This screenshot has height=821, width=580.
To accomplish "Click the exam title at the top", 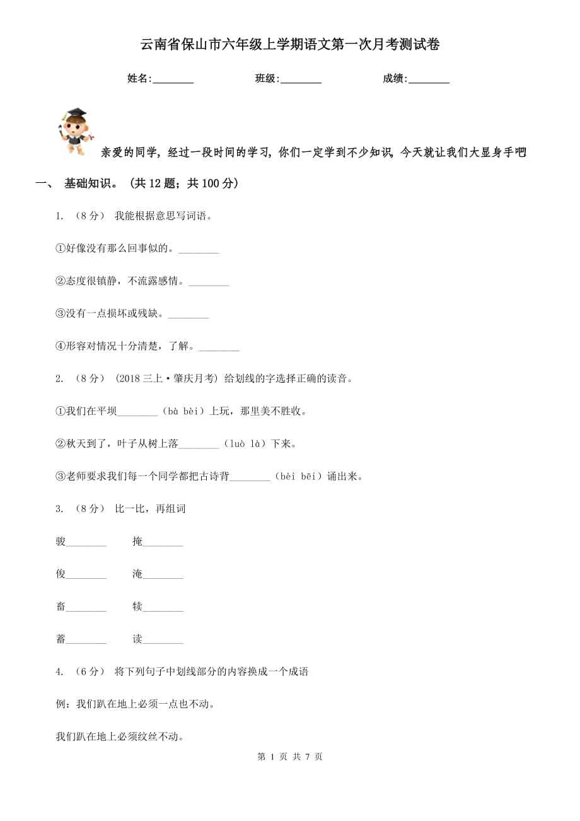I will [x=289, y=45].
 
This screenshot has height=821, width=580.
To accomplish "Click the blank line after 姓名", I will [x=173, y=80].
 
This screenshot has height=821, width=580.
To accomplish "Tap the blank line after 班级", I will [x=301, y=80].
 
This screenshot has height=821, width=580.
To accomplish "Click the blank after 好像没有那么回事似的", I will [x=199, y=250].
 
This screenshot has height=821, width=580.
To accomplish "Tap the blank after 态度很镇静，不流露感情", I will [x=209, y=282].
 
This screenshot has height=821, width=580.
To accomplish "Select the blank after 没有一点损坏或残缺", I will [x=188, y=315].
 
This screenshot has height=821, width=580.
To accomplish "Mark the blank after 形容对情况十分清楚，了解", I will [x=219, y=347].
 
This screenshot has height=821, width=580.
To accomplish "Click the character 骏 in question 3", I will [x=61, y=541].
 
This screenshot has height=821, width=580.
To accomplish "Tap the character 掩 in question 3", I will [x=137, y=541].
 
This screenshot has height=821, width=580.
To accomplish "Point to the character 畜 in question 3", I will [x=61, y=607].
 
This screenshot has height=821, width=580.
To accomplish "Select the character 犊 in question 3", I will [x=137, y=607].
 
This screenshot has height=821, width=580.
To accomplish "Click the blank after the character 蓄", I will [x=86, y=641].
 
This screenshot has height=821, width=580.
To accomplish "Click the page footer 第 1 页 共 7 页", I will [x=290, y=757].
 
